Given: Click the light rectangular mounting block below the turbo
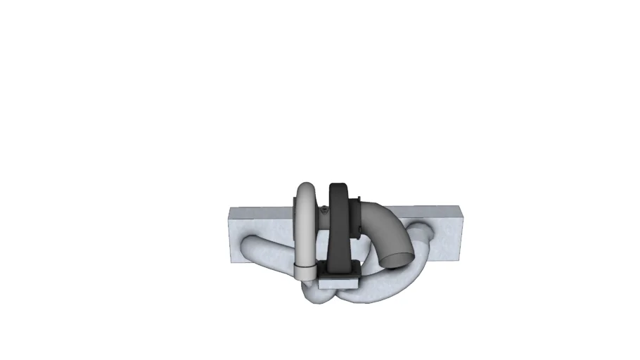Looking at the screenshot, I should coord(338,282).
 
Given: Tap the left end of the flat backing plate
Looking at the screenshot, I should coord(236,236).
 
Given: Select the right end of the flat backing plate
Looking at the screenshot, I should coord(457,232).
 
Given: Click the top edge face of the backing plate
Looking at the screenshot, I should coord(422,209).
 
